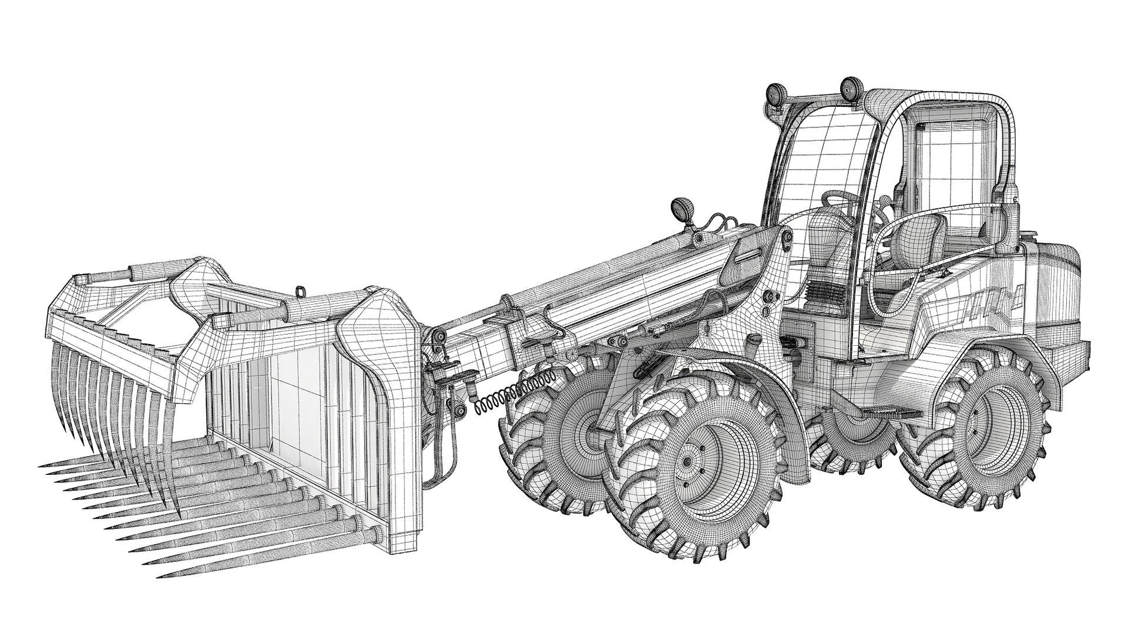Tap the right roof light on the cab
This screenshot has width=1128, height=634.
click(849, 89)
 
